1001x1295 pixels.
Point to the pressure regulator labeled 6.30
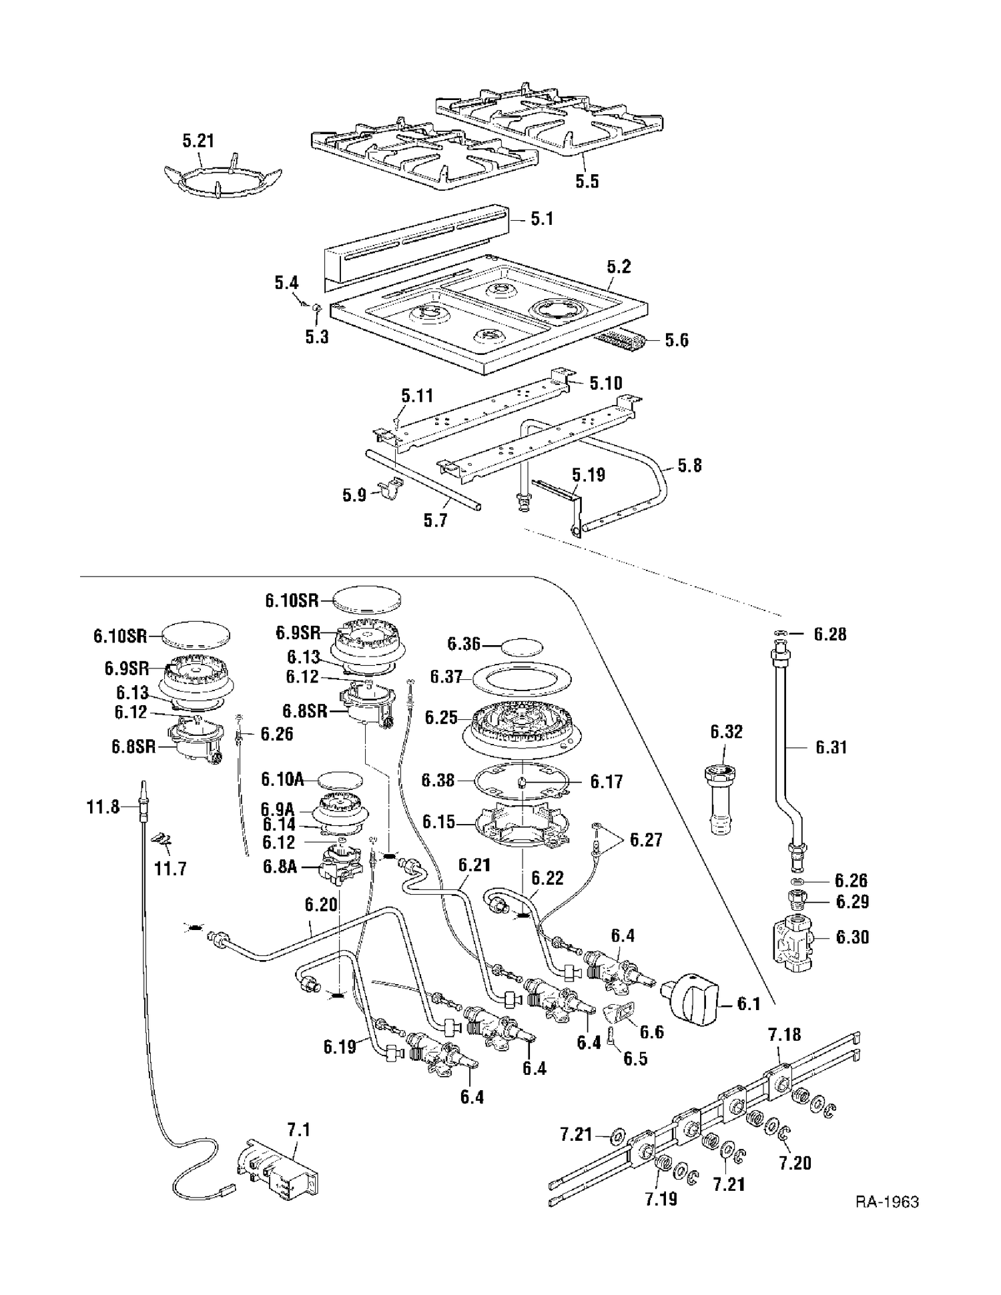(795, 943)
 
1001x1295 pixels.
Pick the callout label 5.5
(587, 181)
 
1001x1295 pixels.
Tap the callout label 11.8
(103, 807)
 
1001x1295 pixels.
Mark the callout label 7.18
(784, 1035)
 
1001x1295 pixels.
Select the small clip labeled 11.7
(163, 839)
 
